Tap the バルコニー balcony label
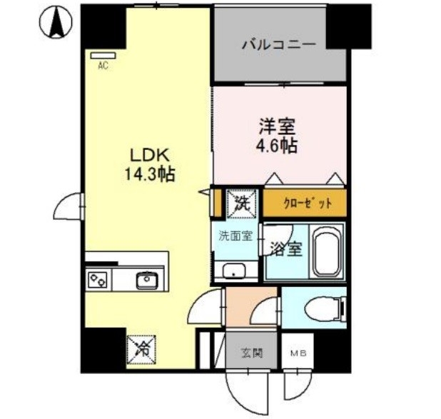tap(278, 44)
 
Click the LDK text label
tap(148, 156)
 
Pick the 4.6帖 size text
tap(278, 146)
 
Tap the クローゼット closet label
tap(306, 203)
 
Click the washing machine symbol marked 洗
tap(237, 202)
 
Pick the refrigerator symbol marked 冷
tap(141, 348)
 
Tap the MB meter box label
tap(295, 353)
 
